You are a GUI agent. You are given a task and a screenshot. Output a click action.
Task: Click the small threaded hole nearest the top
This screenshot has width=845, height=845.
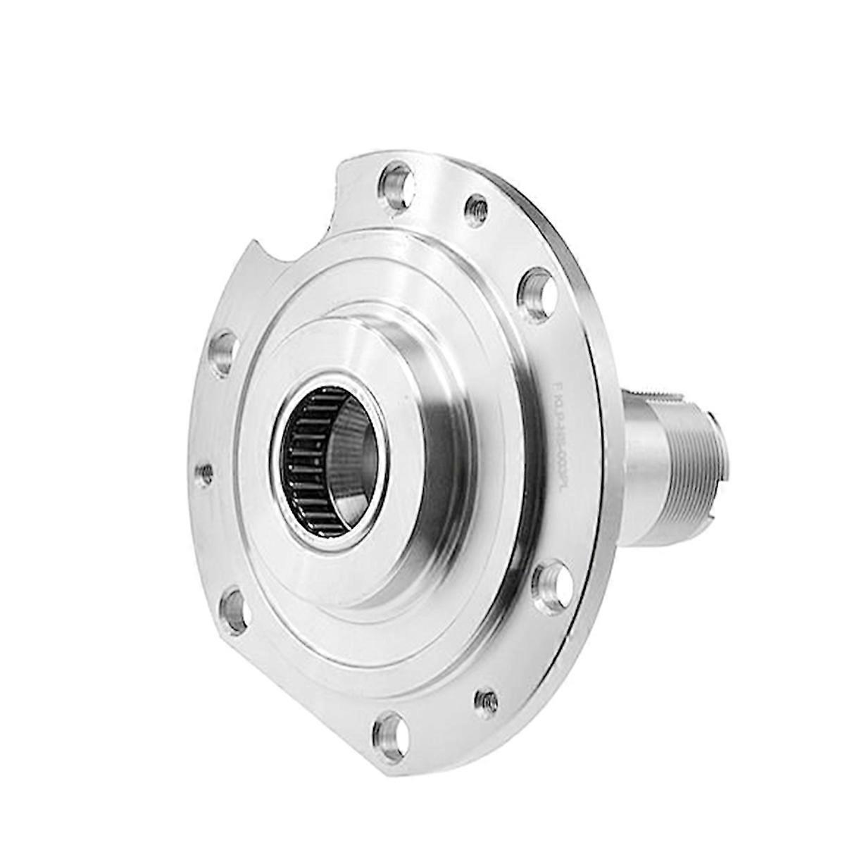[477, 209]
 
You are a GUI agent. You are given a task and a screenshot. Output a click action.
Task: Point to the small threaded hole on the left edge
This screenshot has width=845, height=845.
[204, 474]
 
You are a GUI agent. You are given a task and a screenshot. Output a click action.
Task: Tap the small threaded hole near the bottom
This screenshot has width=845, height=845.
[485, 702]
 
